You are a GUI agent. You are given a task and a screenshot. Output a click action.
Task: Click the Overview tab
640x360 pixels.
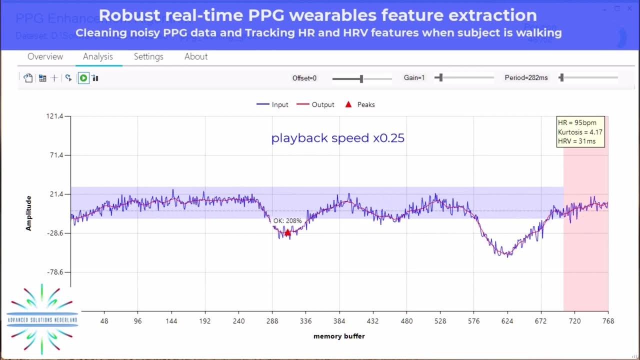point(45,56)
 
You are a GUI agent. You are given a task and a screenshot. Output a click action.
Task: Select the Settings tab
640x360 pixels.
point(148,56)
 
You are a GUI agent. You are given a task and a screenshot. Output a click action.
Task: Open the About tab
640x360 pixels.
point(196,56)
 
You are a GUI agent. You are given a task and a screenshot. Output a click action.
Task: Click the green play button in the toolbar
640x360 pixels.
point(83,78)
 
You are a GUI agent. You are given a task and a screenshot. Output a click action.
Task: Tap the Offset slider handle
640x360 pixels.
point(361,78)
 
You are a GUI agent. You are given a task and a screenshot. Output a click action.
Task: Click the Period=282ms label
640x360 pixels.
point(526,78)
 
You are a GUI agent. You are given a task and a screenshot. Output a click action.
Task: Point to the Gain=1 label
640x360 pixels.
point(414,78)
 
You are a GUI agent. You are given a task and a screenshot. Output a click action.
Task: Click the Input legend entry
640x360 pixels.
point(273,104)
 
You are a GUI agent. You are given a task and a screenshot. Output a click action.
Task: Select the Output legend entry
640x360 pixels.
point(315,104)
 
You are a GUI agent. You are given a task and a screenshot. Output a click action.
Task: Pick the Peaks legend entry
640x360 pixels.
point(360,104)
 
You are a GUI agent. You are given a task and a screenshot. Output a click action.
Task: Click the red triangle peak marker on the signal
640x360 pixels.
point(287,232)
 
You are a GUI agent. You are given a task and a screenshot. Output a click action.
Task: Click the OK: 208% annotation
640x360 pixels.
point(287,220)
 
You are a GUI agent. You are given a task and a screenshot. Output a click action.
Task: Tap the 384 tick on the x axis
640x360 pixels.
point(339,321)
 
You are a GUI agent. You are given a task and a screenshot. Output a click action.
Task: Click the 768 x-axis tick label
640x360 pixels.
point(608,321)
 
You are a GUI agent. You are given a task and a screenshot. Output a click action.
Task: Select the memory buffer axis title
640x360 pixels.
point(339,336)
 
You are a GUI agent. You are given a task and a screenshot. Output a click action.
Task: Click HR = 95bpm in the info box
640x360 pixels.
point(577,123)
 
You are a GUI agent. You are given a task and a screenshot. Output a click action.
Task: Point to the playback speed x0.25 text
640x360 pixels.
point(337,138)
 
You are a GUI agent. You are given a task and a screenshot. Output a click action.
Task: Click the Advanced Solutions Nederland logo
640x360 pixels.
point(42,319)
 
